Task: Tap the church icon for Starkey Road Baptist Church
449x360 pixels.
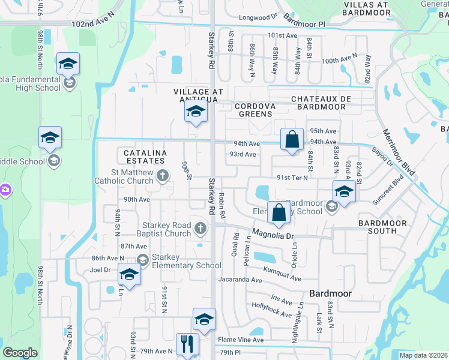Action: coord(200,227)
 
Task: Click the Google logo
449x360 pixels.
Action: coord(20,353)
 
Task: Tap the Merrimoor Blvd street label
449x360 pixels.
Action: coord(399,152)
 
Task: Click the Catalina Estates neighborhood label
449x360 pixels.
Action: coord(145,157)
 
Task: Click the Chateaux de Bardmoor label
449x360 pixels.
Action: coord(318,103)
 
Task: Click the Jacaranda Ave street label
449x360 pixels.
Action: coord(241,280)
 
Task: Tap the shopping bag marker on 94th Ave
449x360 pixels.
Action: coord(292,139)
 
